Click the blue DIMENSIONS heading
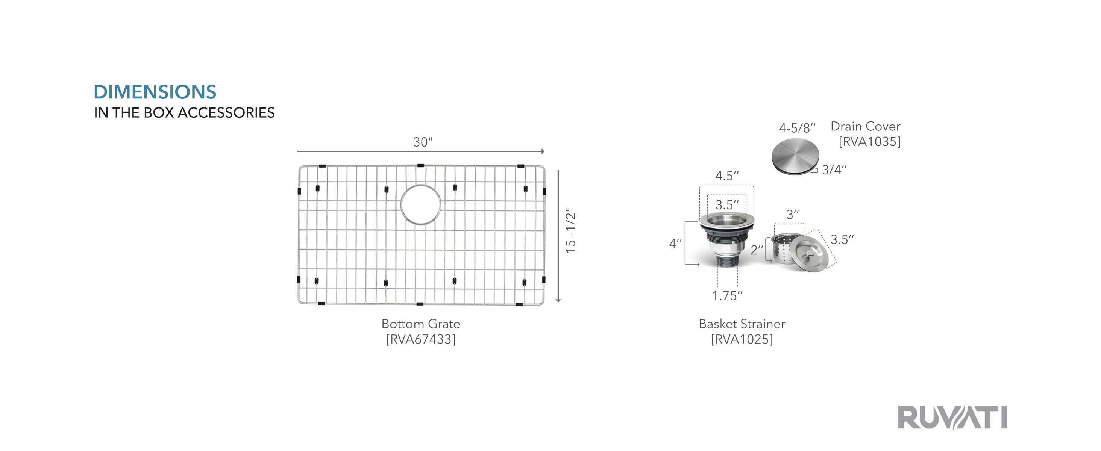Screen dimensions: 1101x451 155,92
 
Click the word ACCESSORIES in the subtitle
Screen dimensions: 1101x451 226,112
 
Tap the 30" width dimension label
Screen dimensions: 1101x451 423,142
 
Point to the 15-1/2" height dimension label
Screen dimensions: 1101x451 570,231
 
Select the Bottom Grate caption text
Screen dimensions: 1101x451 420,324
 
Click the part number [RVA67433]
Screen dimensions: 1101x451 420,339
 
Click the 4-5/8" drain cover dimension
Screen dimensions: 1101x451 797,128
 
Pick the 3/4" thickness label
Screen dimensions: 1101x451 834,170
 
